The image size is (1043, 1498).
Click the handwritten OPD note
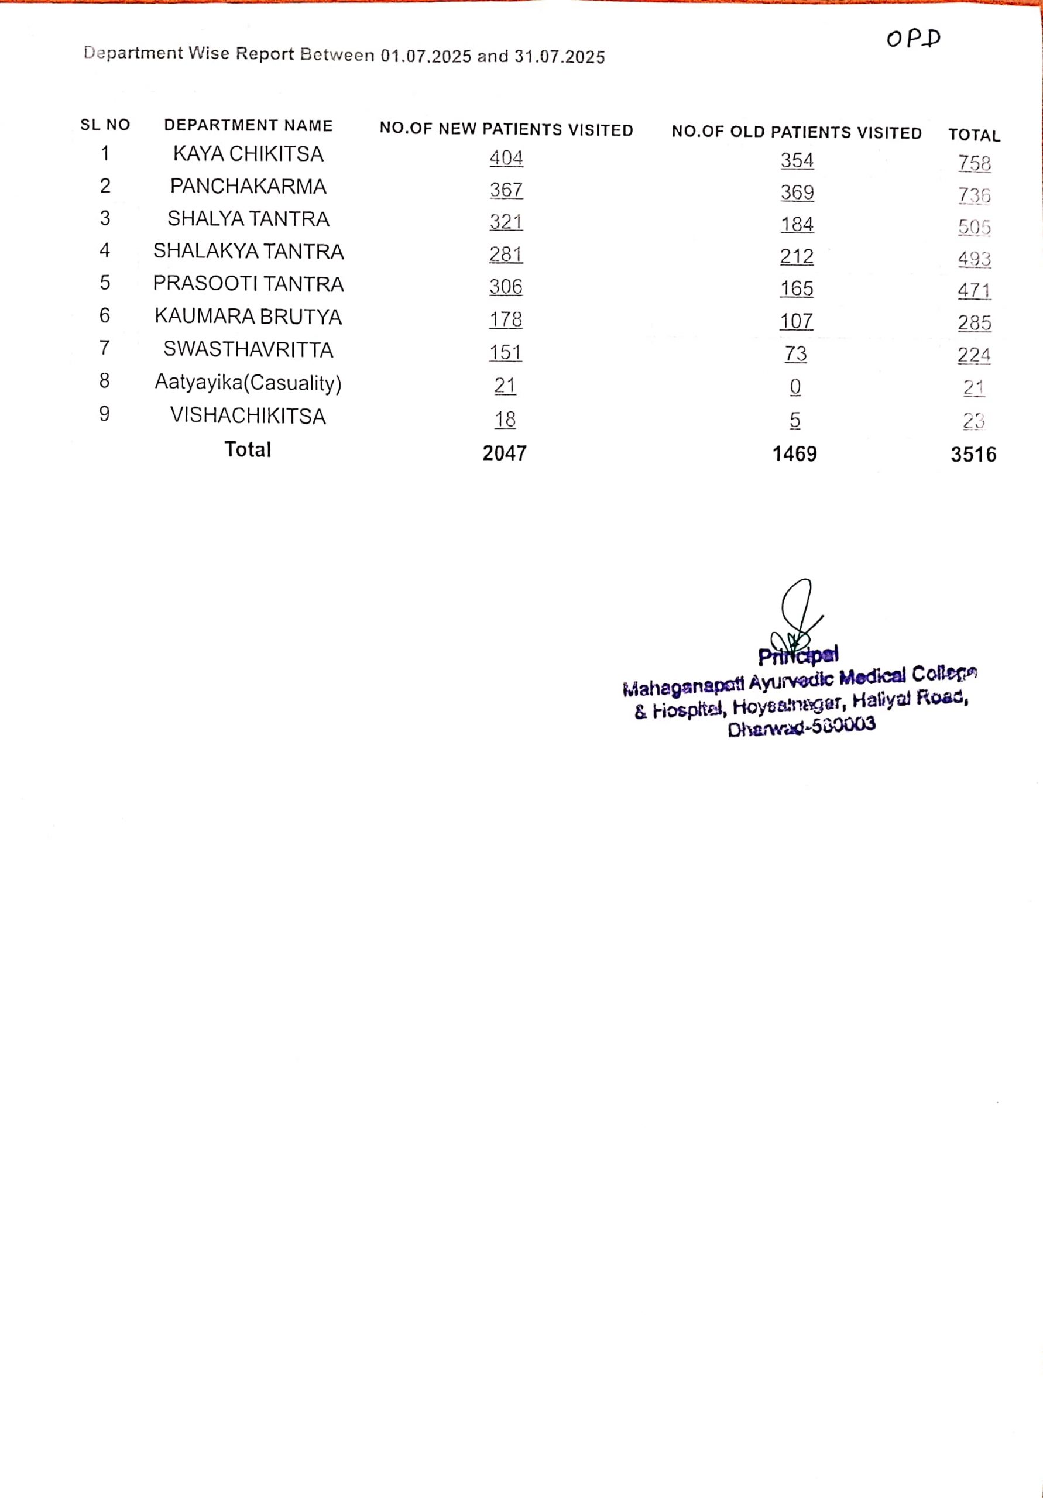[x=913, y=39]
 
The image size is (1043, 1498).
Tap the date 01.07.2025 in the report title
[x=426, y=56]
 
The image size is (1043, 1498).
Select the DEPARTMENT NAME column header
[x=248, y=125]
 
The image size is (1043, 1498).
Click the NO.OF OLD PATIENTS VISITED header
[x=796, y=132]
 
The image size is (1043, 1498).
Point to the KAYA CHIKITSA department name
[x=248, y=154]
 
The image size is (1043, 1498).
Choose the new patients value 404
[x=506, y=158]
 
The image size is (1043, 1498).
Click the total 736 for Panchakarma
[x=974, y=195]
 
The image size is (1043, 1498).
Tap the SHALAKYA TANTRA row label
[x=248, y=251]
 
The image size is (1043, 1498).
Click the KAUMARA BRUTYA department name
[x=248, y=317]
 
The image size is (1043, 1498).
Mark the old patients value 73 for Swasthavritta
[x=795, y=353]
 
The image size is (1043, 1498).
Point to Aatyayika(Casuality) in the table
[x=248, y=382]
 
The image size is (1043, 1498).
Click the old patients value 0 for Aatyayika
[x=795, y=387]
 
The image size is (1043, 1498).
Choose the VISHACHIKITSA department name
[x=248, y=415]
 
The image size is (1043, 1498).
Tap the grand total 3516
[x=973, y=455]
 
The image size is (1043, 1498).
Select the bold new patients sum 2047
[x=505, y=453]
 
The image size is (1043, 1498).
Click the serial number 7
[x=104, y=348]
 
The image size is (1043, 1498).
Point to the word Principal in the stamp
[x=798, y=655]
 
